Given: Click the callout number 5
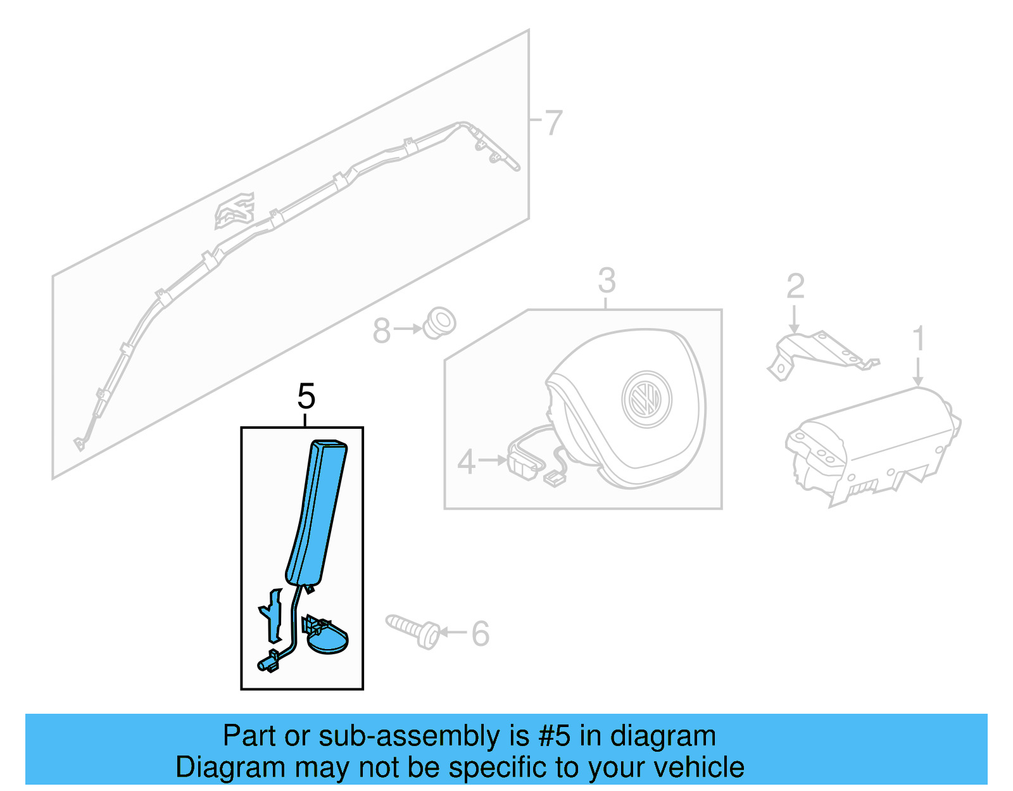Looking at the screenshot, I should [x=306, y=397].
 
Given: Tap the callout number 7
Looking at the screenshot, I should [x=553, y=122].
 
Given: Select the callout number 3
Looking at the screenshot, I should [x=606, y=280].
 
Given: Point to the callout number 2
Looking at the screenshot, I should [x=795, y=286].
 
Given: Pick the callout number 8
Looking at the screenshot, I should [x=381, y=331].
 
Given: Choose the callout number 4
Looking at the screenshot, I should [x=466, y=462].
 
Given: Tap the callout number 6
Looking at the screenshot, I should [x=481, y=633].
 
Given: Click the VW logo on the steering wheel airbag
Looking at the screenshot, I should [x=646, y=399].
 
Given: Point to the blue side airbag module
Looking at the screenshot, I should [x=317, y=513].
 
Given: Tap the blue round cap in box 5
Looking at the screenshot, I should [x=327, y=637].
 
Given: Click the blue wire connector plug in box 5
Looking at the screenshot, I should [x=269, y=662].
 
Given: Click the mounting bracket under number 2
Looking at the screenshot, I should [x=817, y=352].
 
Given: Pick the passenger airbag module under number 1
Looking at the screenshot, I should [x=874, y=443].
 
